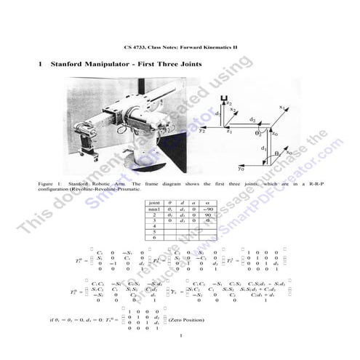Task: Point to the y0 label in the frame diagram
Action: [x=241, y=168]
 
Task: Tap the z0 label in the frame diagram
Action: [x=273, y=134]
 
